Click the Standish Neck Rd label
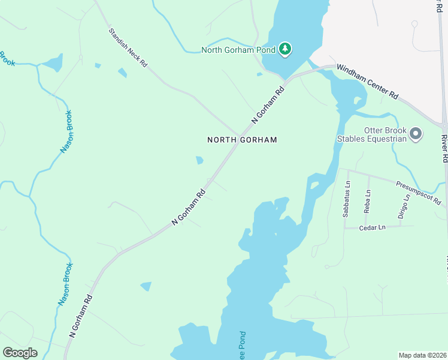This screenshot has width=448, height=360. click(x=127, y=46)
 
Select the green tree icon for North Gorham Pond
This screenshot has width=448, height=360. click(x=286, y=49)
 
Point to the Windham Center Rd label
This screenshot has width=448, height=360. click(x=367, y=82)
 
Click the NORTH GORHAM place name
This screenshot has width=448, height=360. click(x=242, y=140)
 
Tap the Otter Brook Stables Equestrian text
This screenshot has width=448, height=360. click(x=385, y=134)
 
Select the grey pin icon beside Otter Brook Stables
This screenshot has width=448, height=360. click(x=416, y=134)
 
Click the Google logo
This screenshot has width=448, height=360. click(x=20, y=352)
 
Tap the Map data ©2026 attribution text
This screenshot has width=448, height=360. click(x=422, y=355)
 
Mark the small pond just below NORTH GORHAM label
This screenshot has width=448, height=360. click(x=199, y=160)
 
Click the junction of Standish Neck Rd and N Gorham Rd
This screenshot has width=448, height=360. click(x=240, y=136)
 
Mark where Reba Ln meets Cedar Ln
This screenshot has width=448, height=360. click(x=365, y=227)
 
